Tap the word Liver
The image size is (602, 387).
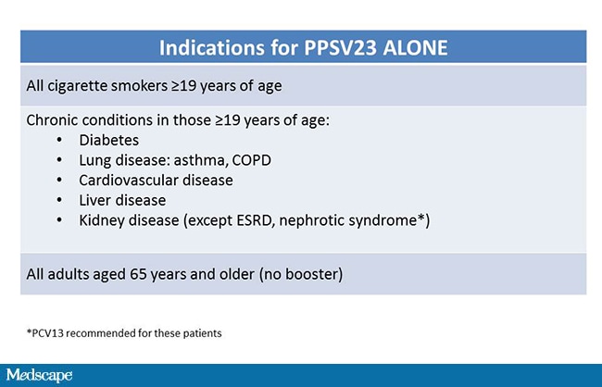point(96,200)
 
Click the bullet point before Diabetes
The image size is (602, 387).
point(59,140)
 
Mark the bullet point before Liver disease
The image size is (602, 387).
point(59,200)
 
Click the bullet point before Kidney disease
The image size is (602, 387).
point(59,220)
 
